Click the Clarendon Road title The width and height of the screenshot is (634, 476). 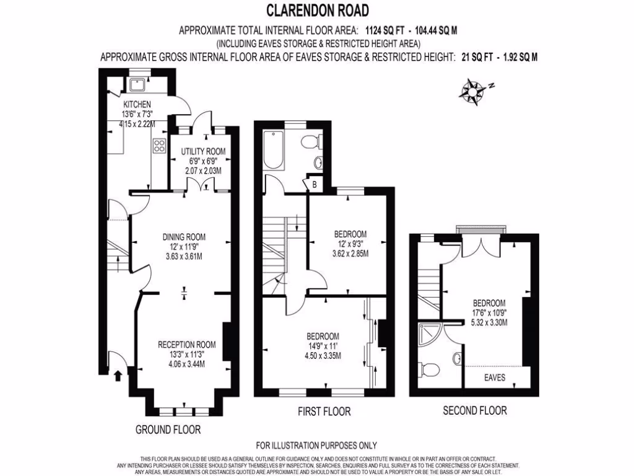[317, 11]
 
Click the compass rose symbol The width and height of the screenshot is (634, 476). [473, 90]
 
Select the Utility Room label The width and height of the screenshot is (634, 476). [202, 151]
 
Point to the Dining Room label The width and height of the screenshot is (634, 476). [184, 237]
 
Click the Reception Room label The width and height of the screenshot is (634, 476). [186, 345]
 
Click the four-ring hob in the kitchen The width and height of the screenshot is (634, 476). [159, 147]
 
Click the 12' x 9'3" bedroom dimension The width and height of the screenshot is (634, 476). [350, 244]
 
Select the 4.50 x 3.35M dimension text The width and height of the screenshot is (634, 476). [322, 355]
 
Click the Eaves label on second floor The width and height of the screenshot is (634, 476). [494, 377]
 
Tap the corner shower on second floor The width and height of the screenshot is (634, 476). [427, 335]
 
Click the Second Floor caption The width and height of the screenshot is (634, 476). [475, 410]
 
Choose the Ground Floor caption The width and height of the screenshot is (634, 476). [168, 429]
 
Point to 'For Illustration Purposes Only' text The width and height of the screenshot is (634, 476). [316, 445]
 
